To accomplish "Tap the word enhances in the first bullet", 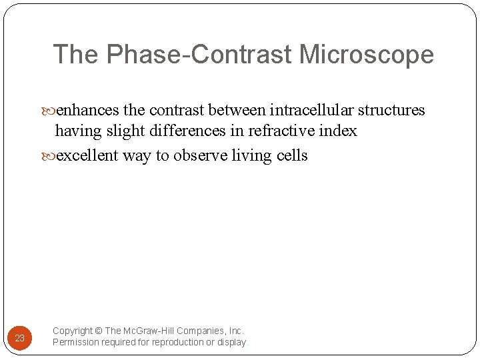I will click(88, 110).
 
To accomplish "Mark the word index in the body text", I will click(339, 131).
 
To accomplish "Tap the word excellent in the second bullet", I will click(87, 156).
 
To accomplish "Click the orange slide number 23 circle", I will click(20, 338).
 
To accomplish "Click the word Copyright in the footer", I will click(73, 331).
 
